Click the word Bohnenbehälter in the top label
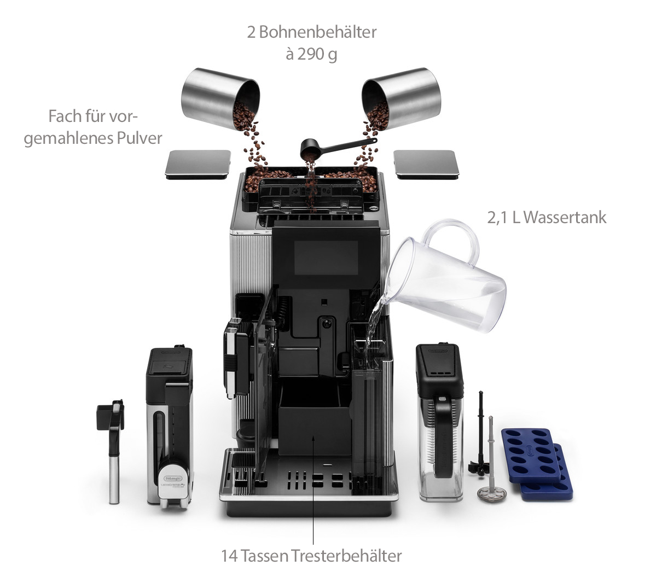(x=317, y=32)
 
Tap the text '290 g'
(x=317, y=55)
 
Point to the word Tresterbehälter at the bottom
(x=347, y=556)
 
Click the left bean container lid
(x=198, y=164)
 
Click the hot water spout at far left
(x=112, y=448)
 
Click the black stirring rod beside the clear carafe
(x=480, y=432)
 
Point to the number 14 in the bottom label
(x=230, y=556)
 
